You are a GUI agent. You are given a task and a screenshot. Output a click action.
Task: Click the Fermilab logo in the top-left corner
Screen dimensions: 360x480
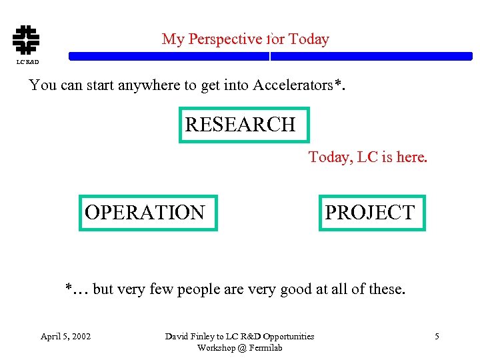pyautogui.click(x=26, y=39)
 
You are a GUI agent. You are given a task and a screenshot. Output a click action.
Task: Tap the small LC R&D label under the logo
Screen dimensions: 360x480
pyautogui.click(x=27, y=62)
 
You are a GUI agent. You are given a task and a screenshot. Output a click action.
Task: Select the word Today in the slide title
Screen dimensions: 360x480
pyautogui.click(x=309, y=39)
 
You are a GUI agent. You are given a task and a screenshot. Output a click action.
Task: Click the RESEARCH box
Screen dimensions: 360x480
pyautogui.click(x=244, y=125)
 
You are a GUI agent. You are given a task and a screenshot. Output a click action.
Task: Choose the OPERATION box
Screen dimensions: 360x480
pyautogui.click(x=148, y=213)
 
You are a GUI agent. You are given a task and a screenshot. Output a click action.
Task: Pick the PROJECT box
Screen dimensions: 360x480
pyautogui.click(x=371, y=213)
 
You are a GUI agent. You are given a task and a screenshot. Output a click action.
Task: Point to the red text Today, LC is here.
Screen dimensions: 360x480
pyautogui.click(x=367, y=157)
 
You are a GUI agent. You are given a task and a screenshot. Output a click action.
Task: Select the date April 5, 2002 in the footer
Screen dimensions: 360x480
pyautogui.click(x=66, y=336)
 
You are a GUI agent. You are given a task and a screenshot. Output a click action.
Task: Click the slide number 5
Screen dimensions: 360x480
pyautogui.click(x=437, y=336)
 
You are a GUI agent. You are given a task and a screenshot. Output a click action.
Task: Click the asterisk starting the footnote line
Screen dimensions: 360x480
pyautogui.click(x=68, y=288)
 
